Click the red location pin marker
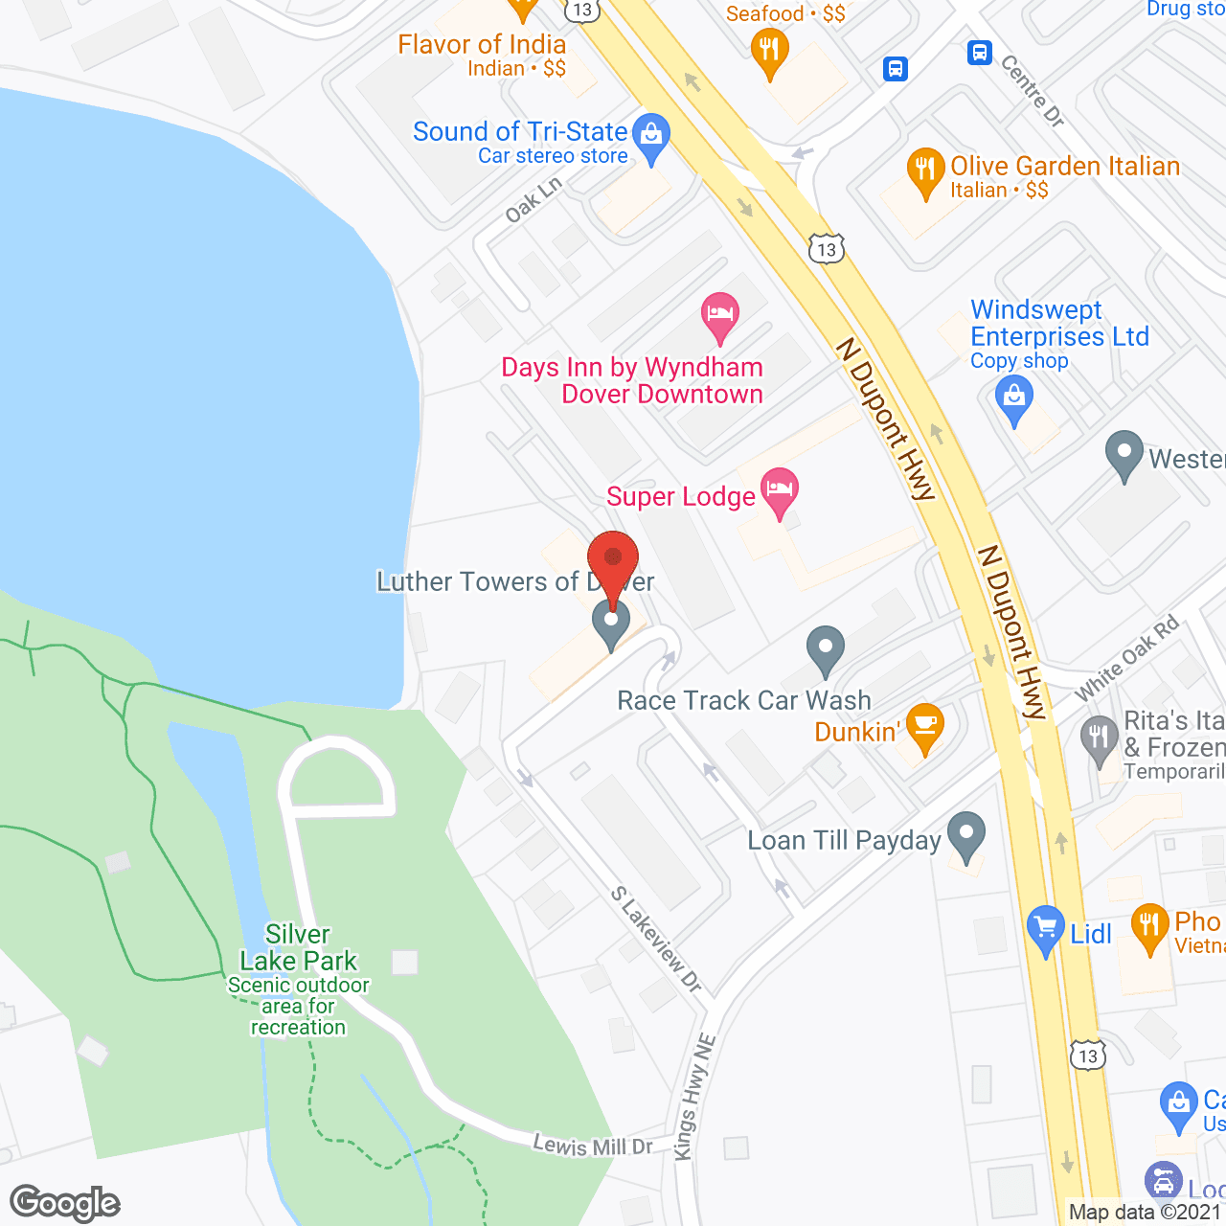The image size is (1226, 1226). (x=612, y=558)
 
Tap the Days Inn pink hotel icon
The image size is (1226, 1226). (x=719, y=315)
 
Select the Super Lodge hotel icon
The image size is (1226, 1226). (x=781, y=492)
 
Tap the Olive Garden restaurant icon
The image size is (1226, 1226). (x=924, y=170)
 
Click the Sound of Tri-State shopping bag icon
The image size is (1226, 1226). (x=651, y=137)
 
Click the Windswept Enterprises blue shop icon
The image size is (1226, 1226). (x=1014, y=398)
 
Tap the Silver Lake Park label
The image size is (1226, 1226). (x=298, y=947)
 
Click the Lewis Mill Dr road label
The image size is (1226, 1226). (x=593, y=1145)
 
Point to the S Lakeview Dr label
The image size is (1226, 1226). (x=657, y=939)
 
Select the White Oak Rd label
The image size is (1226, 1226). (x=1126, y=659)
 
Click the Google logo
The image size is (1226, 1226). (x=65, y=1203)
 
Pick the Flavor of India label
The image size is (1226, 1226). (x=482, y=45)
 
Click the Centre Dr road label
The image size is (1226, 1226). (x=1033, y=91)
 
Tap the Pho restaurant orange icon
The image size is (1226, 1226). (x=1148, y=926)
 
